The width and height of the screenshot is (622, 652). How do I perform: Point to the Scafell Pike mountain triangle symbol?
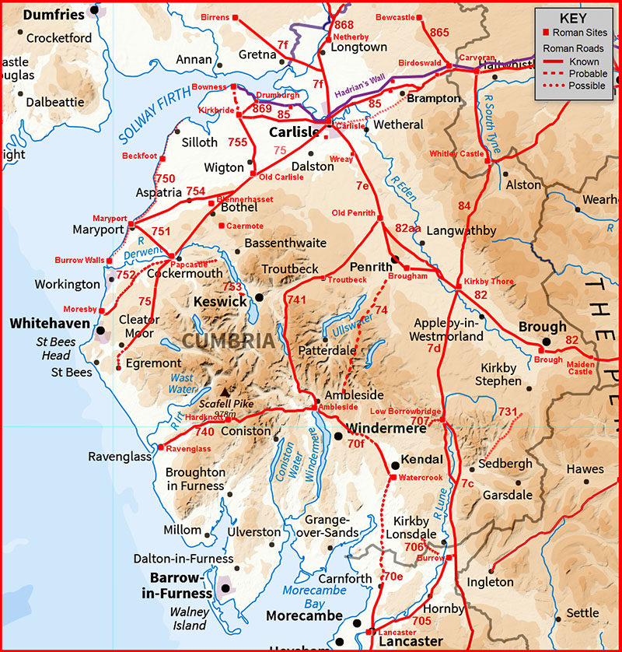coord(225,393)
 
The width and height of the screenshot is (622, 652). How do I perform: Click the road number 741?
coord(297,300)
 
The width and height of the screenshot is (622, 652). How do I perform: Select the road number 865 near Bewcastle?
coord(439,32)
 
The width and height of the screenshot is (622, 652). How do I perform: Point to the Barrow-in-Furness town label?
coord(180,586)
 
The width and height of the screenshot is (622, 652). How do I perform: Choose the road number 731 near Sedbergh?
coord(508,412)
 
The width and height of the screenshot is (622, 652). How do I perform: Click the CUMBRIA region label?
coord(229,341)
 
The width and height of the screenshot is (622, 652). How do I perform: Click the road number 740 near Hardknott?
coord(204,432)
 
